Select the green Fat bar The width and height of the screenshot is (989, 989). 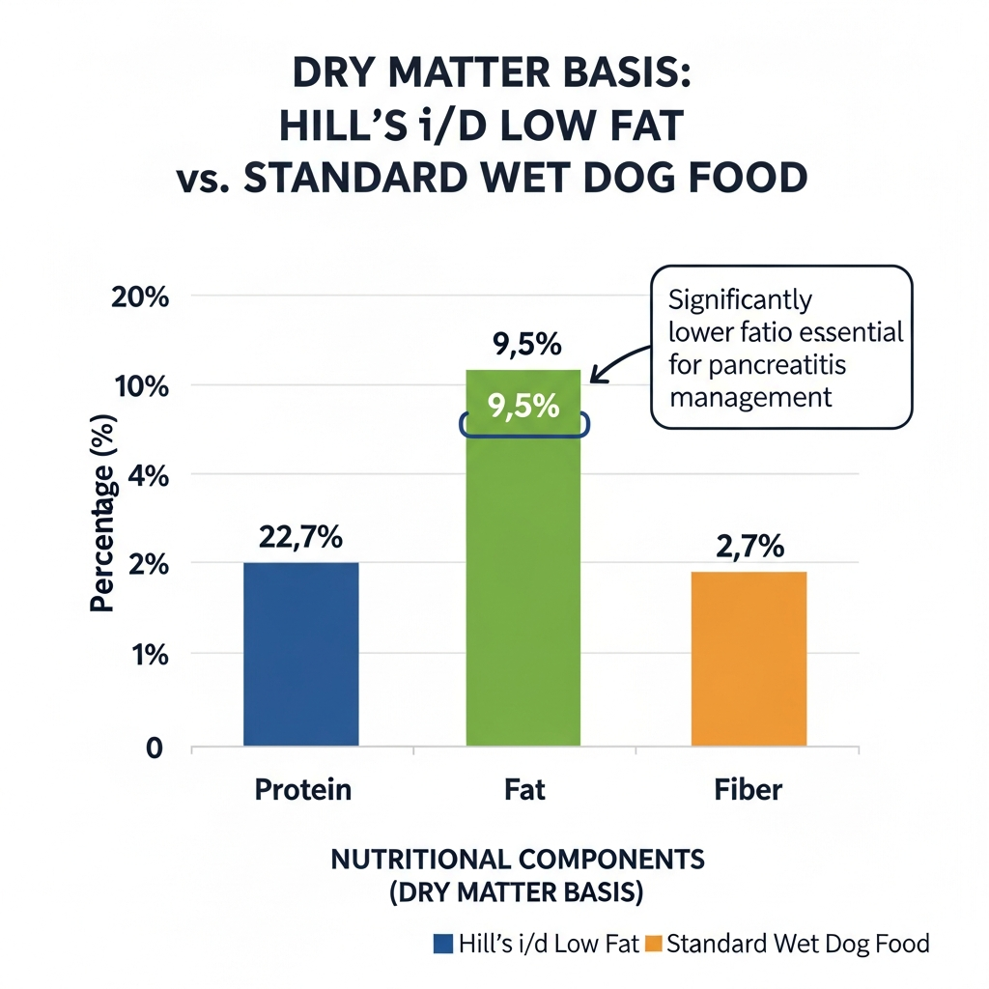(523, 579)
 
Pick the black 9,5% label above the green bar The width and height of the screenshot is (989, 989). (523, 345)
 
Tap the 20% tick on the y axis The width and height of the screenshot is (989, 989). (141, 297)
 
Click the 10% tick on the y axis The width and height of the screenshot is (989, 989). (143, 386)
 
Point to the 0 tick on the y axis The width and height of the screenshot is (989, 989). (154, 749)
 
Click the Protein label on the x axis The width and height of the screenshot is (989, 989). (302, 790)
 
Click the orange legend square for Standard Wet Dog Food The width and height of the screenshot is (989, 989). (654, 944)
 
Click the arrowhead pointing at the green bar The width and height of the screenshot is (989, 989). (593, 378)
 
